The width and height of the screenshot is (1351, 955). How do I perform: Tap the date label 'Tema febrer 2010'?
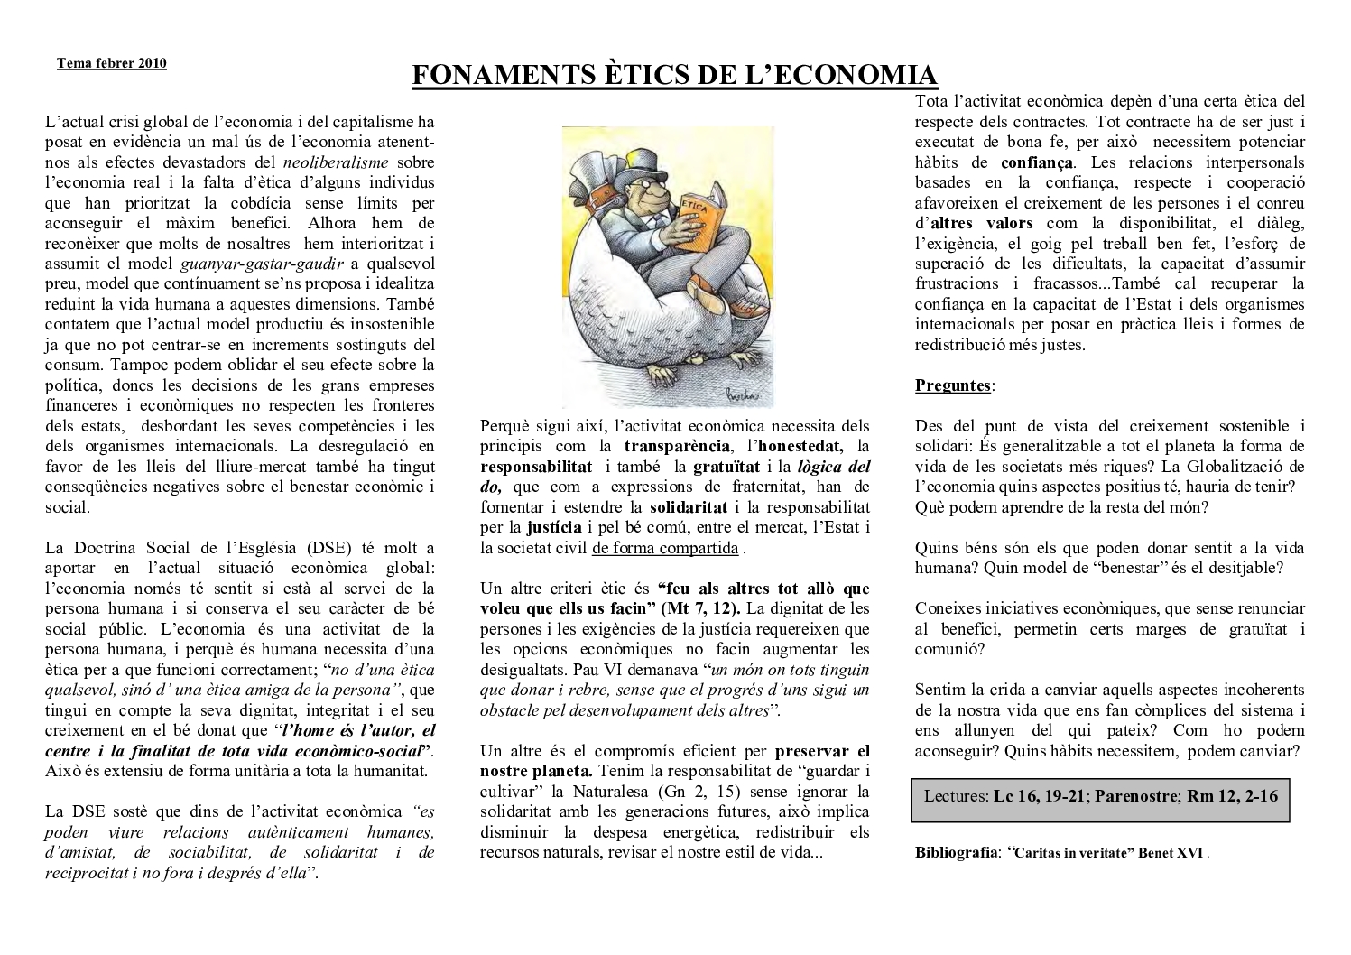coord(112,63)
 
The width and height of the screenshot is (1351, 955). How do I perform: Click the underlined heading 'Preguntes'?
coord(953,385)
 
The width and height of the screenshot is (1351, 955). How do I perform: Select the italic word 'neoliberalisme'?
coord(336,162)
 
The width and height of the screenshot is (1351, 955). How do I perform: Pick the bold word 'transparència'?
coord(676,446)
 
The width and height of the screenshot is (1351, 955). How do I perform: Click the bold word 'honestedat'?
coord(800,446)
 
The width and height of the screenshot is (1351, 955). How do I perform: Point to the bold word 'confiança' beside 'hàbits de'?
coord(1037,162)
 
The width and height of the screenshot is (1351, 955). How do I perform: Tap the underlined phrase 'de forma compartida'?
coord(665,548)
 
